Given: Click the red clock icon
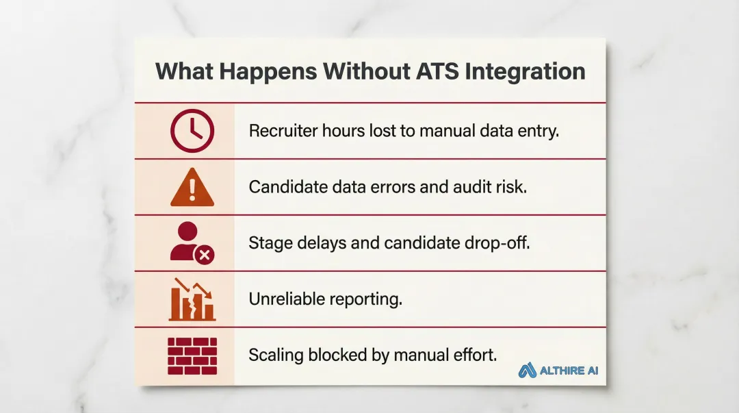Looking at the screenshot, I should (x=192, y=131).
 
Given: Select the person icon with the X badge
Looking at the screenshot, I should (x=190, y=242).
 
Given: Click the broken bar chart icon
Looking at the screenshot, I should (x=192, y=299).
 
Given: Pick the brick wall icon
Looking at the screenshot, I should (x=192, y=355).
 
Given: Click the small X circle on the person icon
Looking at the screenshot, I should (x=204, y=255).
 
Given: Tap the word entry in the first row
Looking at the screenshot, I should (x=541, y=131).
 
